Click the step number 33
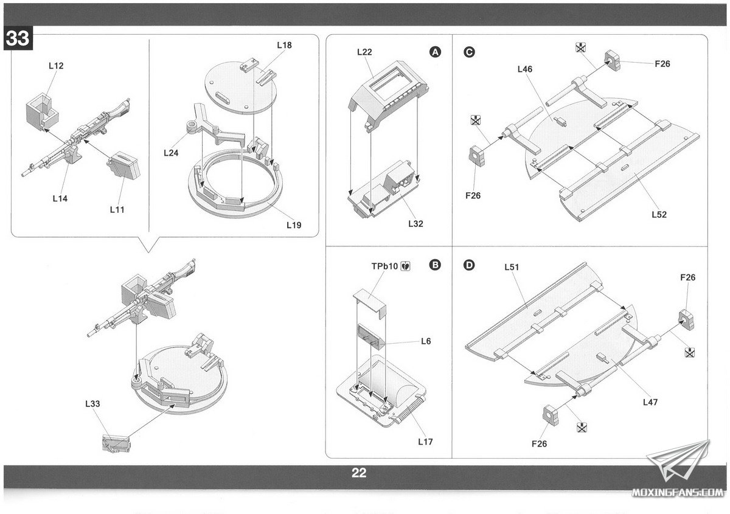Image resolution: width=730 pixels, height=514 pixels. pyautogui.click(x=17, y=38)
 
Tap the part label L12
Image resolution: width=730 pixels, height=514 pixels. pyautogui.click(x=55, y=65)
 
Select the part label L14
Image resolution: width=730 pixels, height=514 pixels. pyautogui.click(x=60, y=198)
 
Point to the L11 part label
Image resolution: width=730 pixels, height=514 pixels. pyautogui.click(x=117, y=209)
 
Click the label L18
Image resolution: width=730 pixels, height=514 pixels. pyautogui.click(x=284, y=45)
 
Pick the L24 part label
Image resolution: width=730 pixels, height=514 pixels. pyautogui.click(x=171, y=153)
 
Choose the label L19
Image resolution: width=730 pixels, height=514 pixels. pyautogui.click(x=294, y=224)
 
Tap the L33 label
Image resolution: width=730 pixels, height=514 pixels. pyautogui.click(x=93, y=403)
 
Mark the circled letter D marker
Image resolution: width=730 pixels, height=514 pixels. pyautogui.click(x=469, y=265)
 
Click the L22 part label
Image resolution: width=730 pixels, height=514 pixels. pyautogui.click(x=364, y=52)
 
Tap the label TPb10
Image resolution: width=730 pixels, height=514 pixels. pyautogui.click(x=384, y=266)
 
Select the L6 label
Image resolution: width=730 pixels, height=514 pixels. pyautogui.click(x=426, y=341)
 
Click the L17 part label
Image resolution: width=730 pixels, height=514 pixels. pyautogui.click(x=425, y=442)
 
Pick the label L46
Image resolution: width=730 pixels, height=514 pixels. pyautogui.click(x=524, y=69)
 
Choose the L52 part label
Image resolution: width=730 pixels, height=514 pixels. pyautogui.click(x=659, y=214)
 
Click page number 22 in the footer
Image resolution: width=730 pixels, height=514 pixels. pyautogui.click(x=359, y=473)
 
